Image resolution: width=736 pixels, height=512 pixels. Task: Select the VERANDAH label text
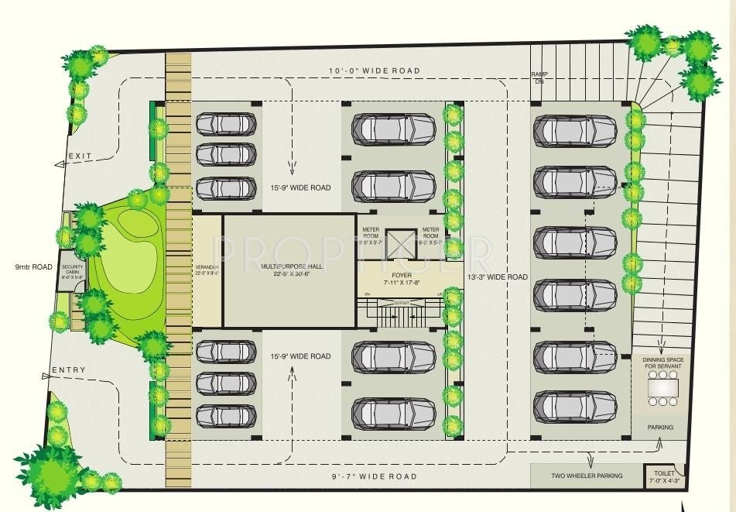click(x=207, y=270)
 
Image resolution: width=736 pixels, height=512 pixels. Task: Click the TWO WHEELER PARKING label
click(x=587, y=476)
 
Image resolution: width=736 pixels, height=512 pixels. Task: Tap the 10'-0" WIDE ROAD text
click(x=375, y=71)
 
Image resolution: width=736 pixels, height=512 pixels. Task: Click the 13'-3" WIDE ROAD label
click(x=496, y=277)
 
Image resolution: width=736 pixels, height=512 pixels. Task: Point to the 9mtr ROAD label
click(x=33, y=267)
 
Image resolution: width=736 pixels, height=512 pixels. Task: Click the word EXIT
click(x=80, y=156)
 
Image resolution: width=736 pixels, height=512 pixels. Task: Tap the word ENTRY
click(x=69, y=371)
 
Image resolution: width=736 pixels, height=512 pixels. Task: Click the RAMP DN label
click(x=539, y=77)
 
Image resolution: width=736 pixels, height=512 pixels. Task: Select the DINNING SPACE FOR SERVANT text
click(x=663, y=363)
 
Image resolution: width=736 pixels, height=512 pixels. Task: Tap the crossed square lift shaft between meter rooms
click(x=402, y=244)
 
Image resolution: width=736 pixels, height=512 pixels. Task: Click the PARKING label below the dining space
click(x=660, y=428)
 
